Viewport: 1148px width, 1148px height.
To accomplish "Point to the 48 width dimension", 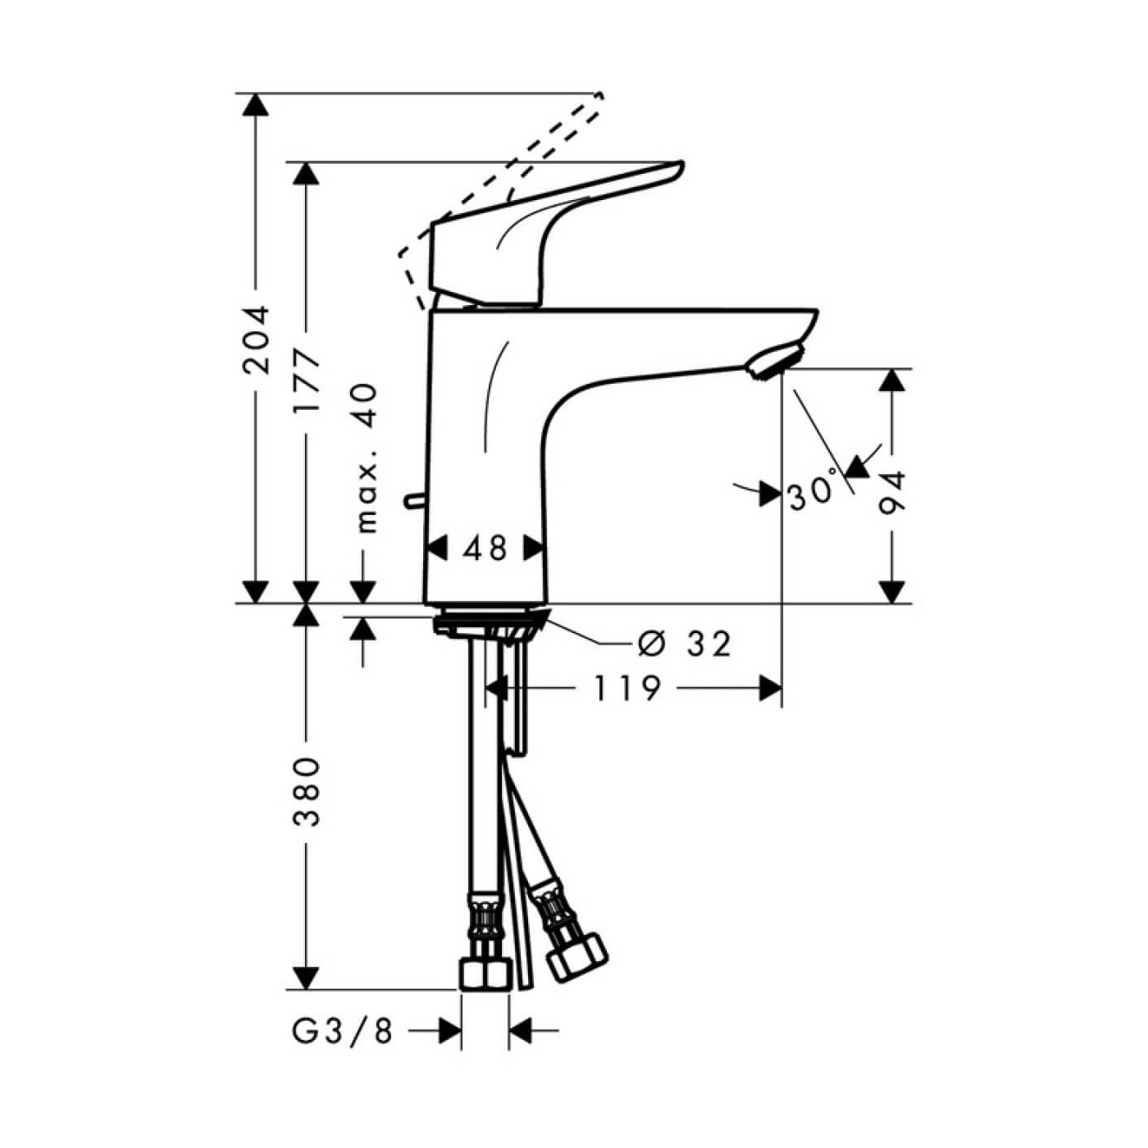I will click(485, 549).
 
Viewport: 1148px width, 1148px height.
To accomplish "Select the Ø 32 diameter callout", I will click(684, 645).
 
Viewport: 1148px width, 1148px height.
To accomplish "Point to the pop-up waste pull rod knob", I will click(412, 499).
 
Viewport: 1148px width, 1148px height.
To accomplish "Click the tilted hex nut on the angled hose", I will click(576, 955).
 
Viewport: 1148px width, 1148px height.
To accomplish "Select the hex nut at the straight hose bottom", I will click(485, 975).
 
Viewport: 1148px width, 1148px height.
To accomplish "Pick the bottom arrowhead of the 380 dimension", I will click(306, 977).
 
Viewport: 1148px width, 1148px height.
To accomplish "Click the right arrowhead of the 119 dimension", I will click(770, 689).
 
